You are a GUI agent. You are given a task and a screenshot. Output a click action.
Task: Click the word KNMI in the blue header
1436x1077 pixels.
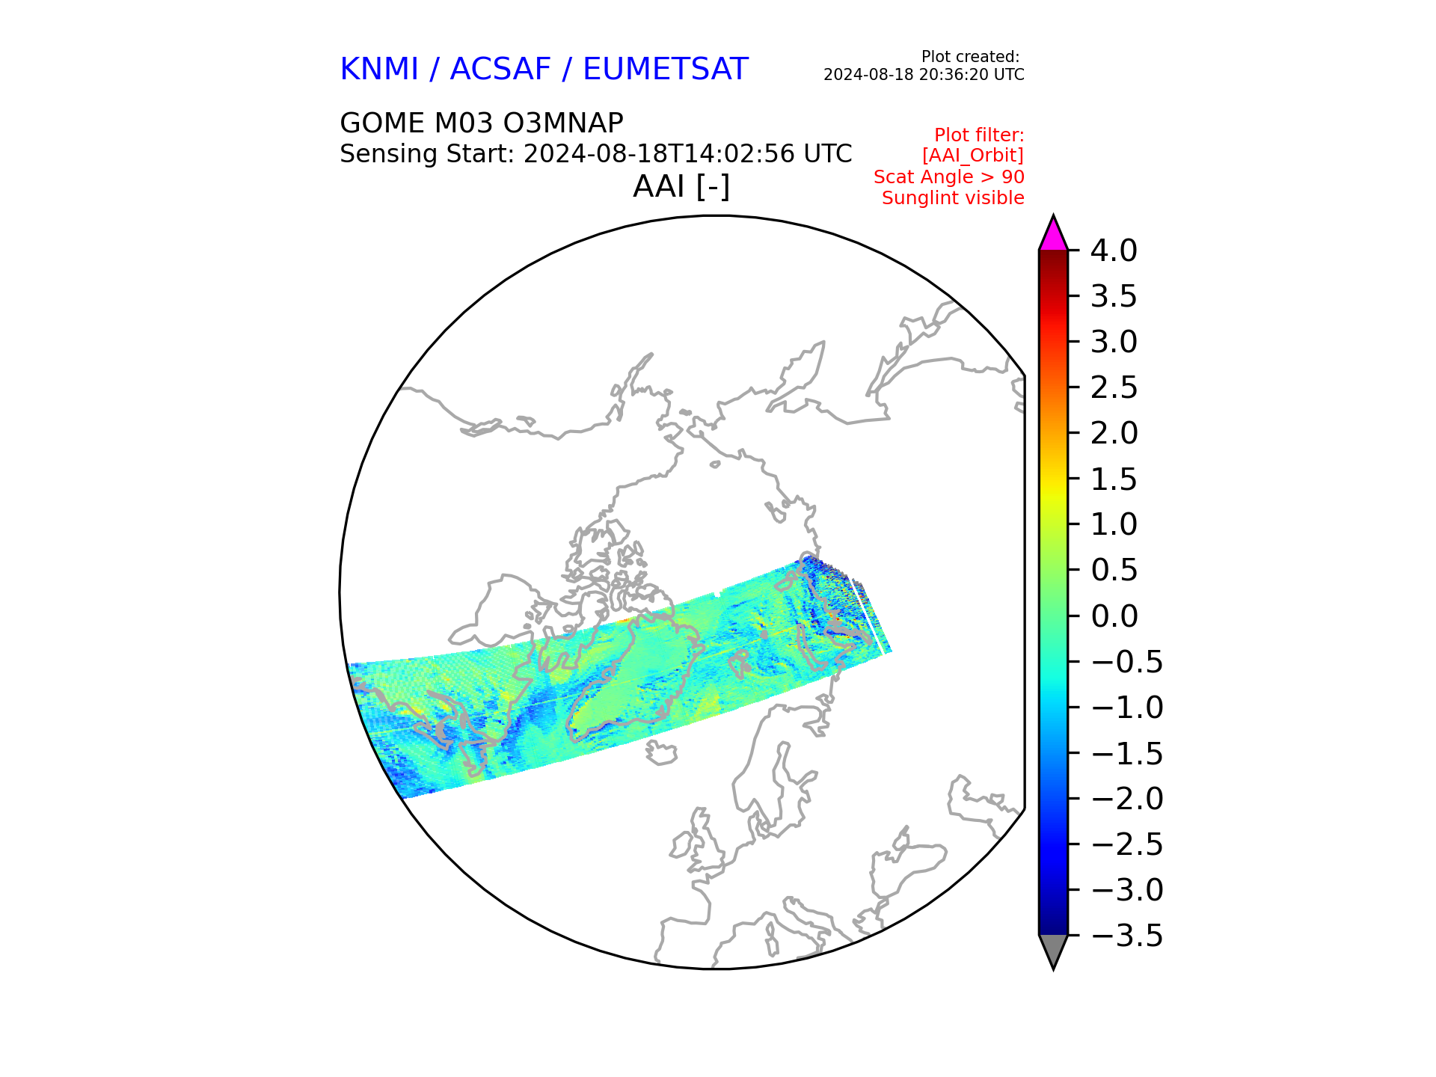coord(378,70)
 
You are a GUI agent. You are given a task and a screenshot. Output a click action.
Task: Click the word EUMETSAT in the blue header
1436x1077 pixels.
coord(665,70)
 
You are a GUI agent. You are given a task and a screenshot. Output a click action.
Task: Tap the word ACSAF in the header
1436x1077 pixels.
coord(500,70)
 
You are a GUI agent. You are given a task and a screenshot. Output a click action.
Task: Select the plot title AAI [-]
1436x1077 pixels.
coord(681,186)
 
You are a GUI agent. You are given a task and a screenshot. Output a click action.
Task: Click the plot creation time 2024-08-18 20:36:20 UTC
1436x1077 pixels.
coord(924,75)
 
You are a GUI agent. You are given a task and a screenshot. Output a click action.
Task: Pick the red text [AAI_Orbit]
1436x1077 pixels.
coord(972,156)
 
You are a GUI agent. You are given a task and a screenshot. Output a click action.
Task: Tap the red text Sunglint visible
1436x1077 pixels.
coord(953,198)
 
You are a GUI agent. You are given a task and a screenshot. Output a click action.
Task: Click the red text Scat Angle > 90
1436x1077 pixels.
coord(948,177)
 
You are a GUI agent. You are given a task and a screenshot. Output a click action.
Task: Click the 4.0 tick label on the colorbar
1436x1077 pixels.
coord(1113,251)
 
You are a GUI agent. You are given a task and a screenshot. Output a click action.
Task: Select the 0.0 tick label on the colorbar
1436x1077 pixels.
coord(1114,616)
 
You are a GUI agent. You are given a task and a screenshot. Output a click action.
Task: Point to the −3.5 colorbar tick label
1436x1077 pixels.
coord(1127,936)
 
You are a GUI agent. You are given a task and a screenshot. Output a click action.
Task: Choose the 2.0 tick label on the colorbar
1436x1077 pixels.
coord(1114,433)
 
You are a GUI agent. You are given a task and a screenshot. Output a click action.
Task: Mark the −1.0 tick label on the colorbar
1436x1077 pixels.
coord(1127,708)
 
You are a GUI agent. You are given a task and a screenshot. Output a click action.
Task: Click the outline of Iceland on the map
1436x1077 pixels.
coord(661,752)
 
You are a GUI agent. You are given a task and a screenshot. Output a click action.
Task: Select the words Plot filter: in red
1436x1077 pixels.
coord(979,135)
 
